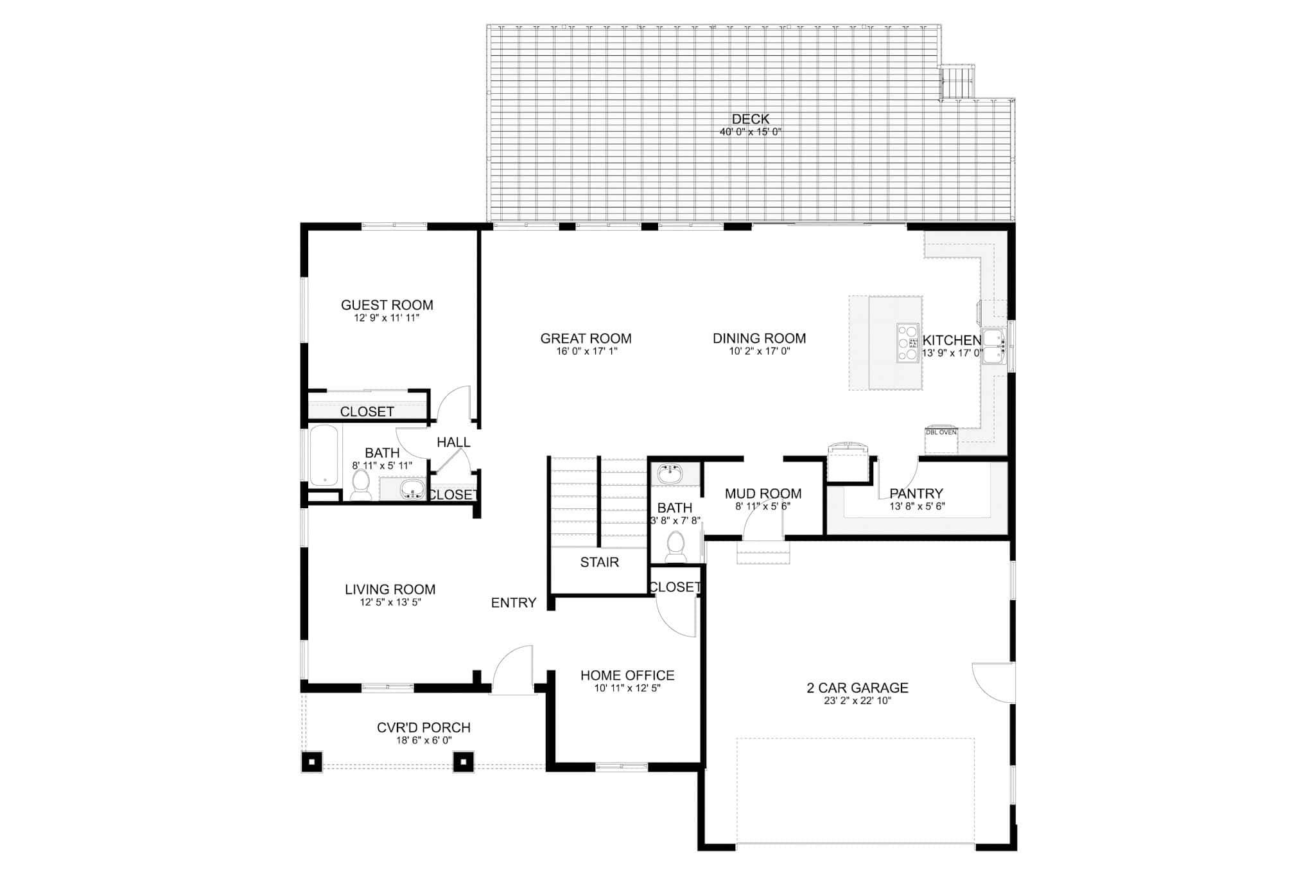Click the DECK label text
click(x=750, y=119)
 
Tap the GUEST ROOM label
click(x=387, y=305)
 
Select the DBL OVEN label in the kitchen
click(x=941, y=432)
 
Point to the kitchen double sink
click(x=993, y=346)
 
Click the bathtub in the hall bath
click(x=323, y=455)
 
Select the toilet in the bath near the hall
click(x=361, y=484)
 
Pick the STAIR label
click(x=599, y=562)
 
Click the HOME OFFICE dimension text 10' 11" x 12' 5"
click(x=627, y=688)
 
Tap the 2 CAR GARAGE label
click(x=857, y=687)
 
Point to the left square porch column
click(x=311, y=762)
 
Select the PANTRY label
click(x=916, y=493)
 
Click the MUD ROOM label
click(x=763, y=493)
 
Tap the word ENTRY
click(x=513, y=603)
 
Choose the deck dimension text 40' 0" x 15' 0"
click(x=750, y=132)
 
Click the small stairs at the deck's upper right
click(x=957, y=82)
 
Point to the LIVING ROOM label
click(x=390, y=589)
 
